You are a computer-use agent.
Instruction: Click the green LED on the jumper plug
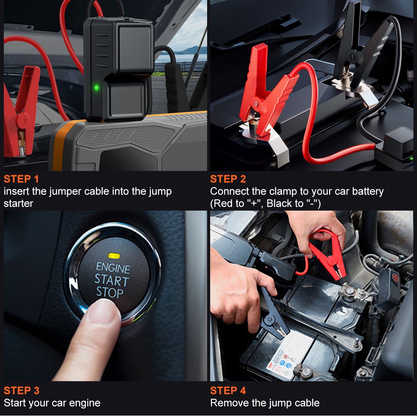(x=97, y=88)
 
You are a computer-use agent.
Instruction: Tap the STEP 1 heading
(x=21, y=179)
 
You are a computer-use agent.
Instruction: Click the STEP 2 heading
(x=228, y=179)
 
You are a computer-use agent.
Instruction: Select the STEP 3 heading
(x=22, y=391)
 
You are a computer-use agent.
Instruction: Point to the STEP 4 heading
(x=228, y=391)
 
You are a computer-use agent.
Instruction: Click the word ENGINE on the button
(x=113, y=268)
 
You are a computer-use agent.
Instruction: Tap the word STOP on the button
(x=110, y=293)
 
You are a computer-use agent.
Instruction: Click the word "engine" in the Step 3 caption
(x=84, y=403)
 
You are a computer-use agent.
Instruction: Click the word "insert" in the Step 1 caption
(x=16, y=191)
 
